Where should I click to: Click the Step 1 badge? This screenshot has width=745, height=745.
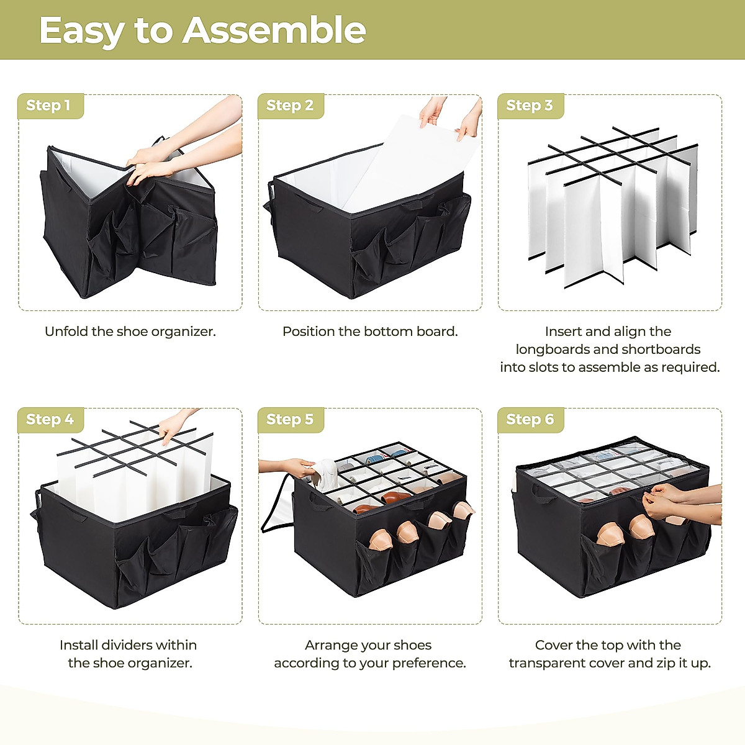pyautogui.click(x=51, y=106)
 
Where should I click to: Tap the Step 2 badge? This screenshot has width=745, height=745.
pyautogui.click(x=291, y=106)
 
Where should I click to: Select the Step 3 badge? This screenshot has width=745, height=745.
pyautogui.click(x=530, y=106)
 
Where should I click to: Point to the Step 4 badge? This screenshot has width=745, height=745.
pyautogui.click(x=51, y=420)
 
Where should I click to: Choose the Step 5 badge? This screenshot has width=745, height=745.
pyautogui.click(x=291, y=420)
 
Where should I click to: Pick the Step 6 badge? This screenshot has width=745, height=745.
pyautogui.click(x=530, y=420)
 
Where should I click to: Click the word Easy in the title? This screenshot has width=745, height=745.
pyautogui.click(x=82, y=32)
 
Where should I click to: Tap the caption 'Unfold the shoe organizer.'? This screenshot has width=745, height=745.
pyautogui.click(x=130, y=332)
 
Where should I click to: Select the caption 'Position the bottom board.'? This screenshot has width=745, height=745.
pyautogui.click(x=370, y=332)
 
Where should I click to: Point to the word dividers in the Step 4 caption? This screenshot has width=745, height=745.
pyautogui.click(x=126, y=645)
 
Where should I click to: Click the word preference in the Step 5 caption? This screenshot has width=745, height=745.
pyautogui.click(x=428, y=664)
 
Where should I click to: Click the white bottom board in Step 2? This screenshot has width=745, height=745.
pyautogui.click(x=410, y=163)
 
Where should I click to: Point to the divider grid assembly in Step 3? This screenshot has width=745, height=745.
pyautogui.click(x=613, y=207)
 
